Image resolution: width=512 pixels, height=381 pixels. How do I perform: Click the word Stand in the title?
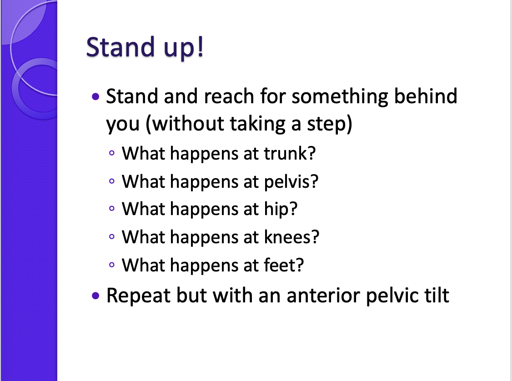(x=120, y=47)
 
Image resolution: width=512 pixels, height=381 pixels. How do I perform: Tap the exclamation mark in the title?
(x=201, y=46)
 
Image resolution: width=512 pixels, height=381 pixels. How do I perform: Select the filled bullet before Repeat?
(x=95, y=296)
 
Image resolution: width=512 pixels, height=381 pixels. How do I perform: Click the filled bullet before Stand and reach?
(x=95, y=97)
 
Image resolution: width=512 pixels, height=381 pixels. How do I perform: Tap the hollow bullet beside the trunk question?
(x=112, y=153)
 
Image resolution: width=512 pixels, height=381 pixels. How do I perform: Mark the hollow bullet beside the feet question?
(x=112, y=265)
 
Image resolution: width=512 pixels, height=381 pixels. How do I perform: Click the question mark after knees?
(x=315, y=236)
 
